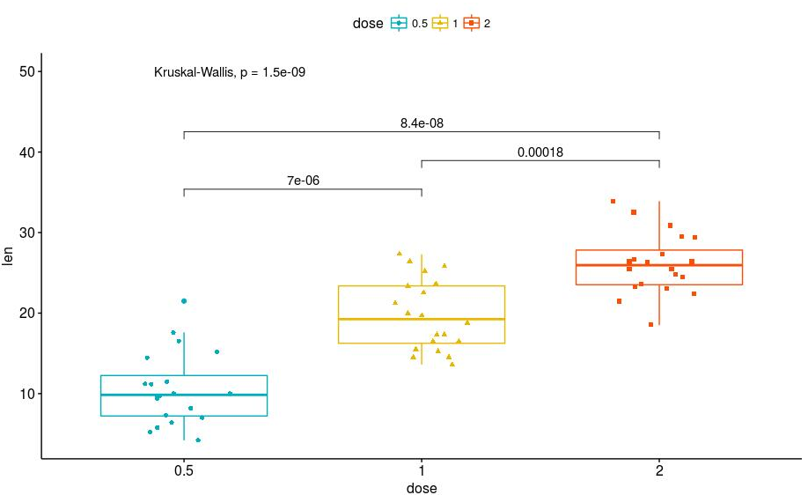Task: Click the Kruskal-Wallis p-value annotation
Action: click(x=229, y=72)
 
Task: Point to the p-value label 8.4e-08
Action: click(x=421, y=123)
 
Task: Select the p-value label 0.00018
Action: click(x=540, y=152)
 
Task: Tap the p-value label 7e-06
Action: click(x=302, y=181)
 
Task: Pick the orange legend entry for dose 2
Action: click(x=476, y=24)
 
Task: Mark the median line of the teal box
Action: click(x=183, y=395)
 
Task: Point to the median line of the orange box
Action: click(x=659, y=265)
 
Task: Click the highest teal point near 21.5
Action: click(x=184, y=301)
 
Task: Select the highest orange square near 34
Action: click(x=613, y=201)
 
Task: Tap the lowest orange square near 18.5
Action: click(x=651, y=324)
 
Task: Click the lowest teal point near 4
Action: click(x=198, y=440)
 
